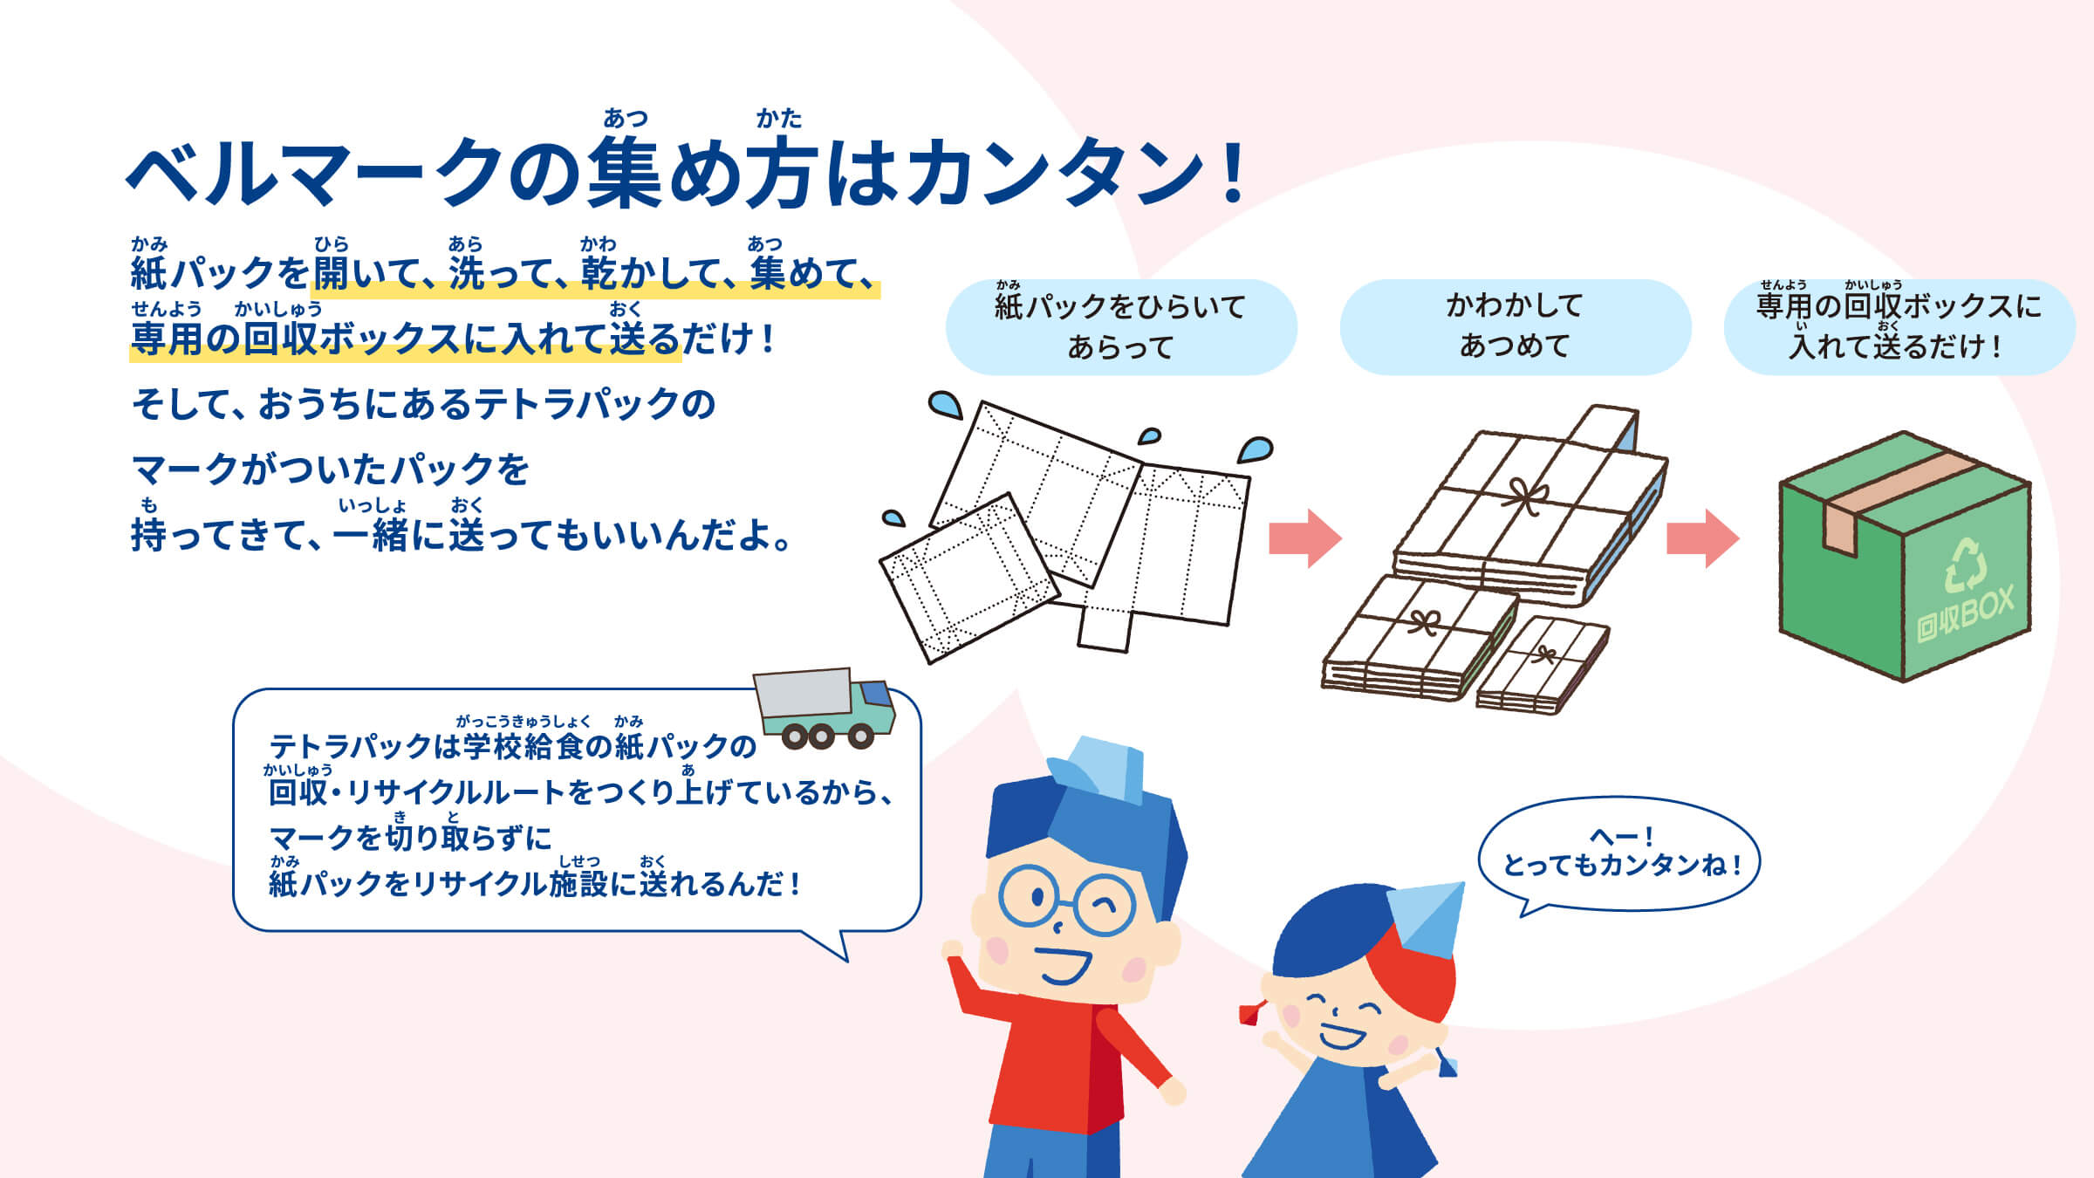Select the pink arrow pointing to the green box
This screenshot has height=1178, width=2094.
[1702, 538]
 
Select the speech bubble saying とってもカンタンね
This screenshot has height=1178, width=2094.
[1619, 853]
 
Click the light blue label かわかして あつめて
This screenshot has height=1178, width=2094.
[1515, 326]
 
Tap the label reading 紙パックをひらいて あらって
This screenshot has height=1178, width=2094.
[1120, 326]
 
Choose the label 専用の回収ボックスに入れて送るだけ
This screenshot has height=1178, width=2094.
[1899, 326]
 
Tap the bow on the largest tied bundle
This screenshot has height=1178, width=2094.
[1527, 497]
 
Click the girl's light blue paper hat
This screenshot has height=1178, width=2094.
[1427, 916]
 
